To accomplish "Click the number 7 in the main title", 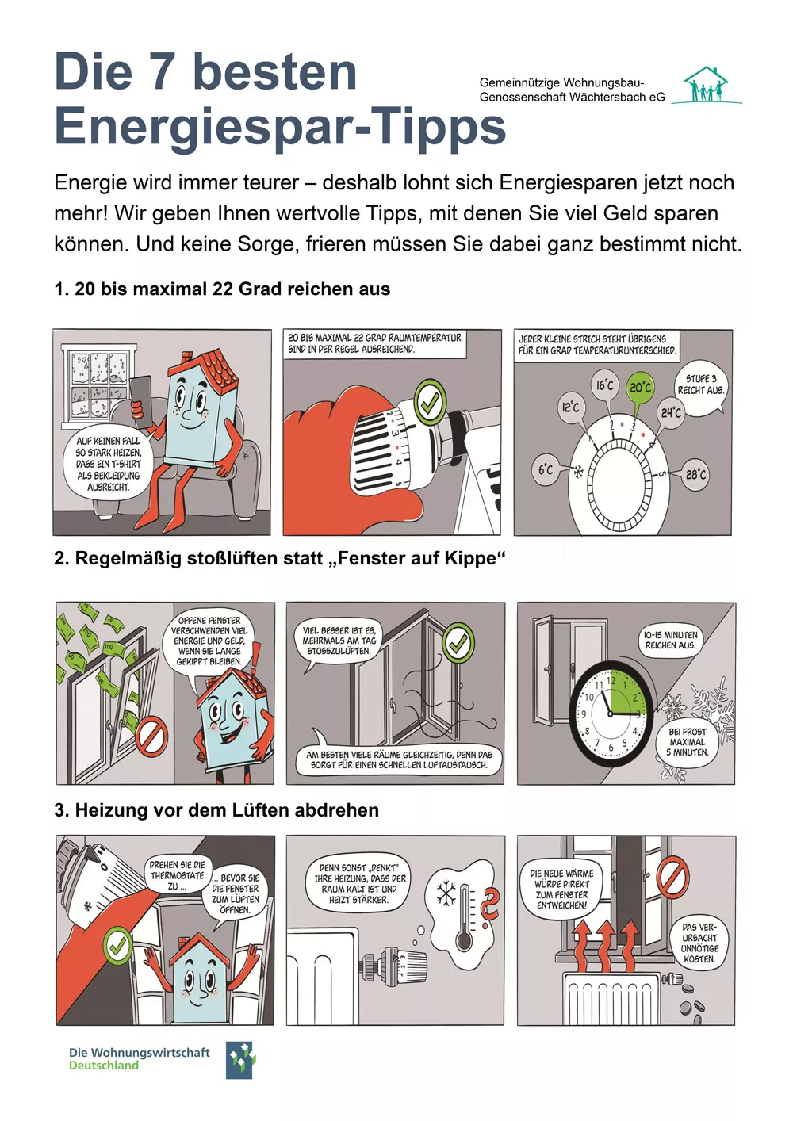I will tap(162, 72).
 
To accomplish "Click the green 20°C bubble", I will tap(640, 387).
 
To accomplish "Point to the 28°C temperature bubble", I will tap(695, 474).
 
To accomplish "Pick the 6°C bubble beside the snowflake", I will tap(546, 469).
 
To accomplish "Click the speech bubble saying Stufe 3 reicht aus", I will tap(700, 385).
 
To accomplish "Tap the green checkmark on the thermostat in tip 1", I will tap(429, 403).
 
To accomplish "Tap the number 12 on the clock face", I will tap(611, 680).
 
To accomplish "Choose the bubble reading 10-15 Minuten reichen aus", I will tap(670, 640).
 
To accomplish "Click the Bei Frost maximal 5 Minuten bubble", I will tap(687, 742).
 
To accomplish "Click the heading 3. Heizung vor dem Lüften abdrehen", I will tap(216, 810).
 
